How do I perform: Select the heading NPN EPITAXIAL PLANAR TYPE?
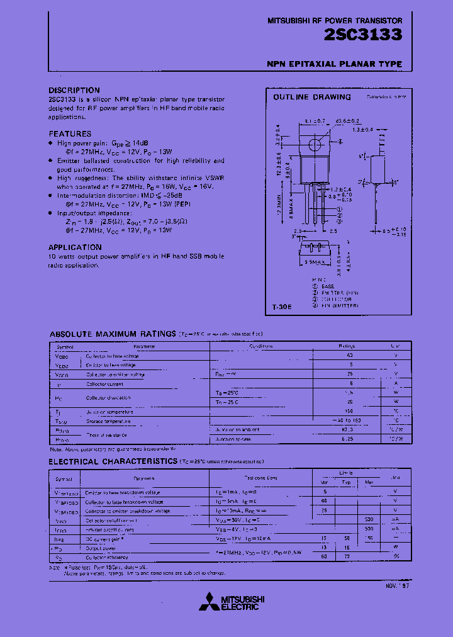click(334, 64)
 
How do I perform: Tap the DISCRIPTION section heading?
click(74, 90)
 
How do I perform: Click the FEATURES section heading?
click(70, 133)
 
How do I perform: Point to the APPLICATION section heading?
click(75, 247)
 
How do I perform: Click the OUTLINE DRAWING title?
click(311, 97)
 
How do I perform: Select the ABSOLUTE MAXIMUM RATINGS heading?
click(112, 334)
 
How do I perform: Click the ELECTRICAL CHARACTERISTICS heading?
click(113, 461)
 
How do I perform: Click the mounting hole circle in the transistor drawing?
click(314, 145)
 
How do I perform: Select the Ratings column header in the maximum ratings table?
click(347, 346)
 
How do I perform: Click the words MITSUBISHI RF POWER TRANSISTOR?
click(335, 21)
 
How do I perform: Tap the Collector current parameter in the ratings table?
click(105, 383)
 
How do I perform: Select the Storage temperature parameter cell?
click(108, 421)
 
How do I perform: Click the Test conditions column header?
click(259, 479)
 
